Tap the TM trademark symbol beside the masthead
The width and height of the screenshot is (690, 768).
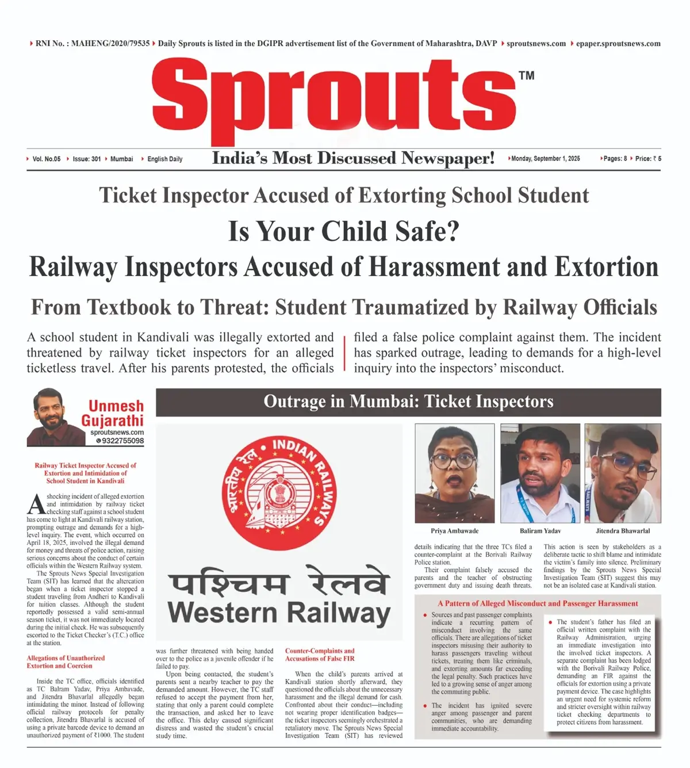tap(526, 75)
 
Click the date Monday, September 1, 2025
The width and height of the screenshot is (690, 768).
tap(545, 159)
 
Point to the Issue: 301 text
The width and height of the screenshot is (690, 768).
tap(86, 159)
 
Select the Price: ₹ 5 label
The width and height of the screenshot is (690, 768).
tap(648, 159)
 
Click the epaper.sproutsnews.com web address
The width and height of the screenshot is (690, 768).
tap(618, 44)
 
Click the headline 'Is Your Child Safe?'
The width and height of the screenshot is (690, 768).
tap(344, 231)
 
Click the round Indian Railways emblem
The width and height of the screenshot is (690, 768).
tap(279, 493)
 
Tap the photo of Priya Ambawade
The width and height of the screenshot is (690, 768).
tap(454, 473)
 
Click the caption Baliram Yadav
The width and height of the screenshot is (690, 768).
tap(540, 531)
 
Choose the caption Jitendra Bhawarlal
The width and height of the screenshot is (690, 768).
tap(623, 531)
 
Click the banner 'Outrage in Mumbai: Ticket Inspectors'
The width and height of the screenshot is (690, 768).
tap(408, 402)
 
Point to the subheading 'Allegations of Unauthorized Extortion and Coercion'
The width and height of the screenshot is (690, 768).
tap(66, 662)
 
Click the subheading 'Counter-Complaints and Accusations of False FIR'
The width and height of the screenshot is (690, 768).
tap(320, 655)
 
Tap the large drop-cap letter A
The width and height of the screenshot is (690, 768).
tap(36, 504)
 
